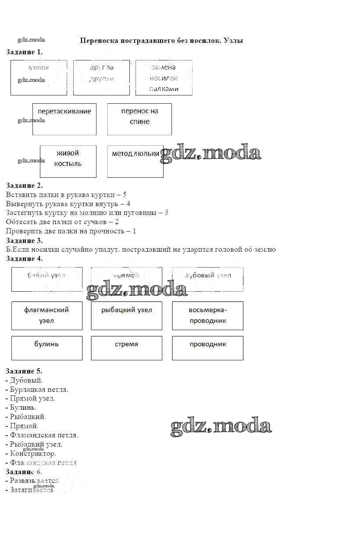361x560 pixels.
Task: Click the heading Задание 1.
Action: [x=24, y=52]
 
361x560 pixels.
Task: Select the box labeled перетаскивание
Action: [x=64, y=119]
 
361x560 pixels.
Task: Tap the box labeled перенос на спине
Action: [x=139, y=119]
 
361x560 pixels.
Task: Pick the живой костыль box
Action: [x=68, y=161]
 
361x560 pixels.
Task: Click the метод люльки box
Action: [x=135, y=161]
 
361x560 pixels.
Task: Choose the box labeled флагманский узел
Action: [x=46, y=315]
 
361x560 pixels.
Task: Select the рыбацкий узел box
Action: [x=126, y=315]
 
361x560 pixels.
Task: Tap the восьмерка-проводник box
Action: [x=207, y=315]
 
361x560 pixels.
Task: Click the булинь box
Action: [x=46, y=348]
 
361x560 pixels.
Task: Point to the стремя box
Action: [x=126, y=348]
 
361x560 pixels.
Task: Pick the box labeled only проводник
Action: [x=207, y=348]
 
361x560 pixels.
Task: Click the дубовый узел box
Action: [x=207, y=279]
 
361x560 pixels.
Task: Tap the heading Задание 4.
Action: [x=24, y=258]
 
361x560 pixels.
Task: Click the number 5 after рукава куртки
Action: [x=125, y=194]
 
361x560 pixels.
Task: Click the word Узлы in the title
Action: [x=233, y=40]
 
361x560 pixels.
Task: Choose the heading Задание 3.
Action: [x=24, y=240]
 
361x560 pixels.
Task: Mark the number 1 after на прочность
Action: [x=134, y=231]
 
